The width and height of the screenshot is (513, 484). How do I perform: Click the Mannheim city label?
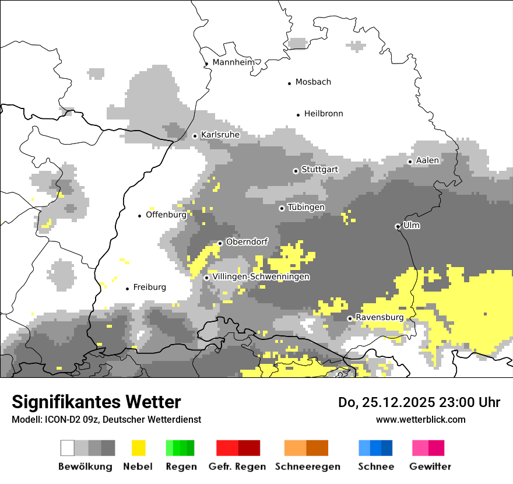pos(234,62)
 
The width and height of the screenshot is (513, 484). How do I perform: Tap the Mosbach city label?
pos(313,82)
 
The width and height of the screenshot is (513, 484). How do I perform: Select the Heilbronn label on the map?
pos(324,114)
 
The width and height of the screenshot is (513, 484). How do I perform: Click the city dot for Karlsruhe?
pos(195,136)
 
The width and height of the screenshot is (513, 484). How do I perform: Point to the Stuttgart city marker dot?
pos(296,171)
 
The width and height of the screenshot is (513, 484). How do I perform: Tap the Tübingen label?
pos(306,208)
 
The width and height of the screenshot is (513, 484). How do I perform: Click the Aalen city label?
pos(427,160)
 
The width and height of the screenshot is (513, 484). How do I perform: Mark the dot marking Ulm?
pos(398,226)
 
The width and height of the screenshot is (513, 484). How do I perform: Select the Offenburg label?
pos(166,215)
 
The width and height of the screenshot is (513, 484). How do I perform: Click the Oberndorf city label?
pos(247,242)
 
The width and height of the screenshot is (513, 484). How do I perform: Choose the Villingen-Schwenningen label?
pos(261,276)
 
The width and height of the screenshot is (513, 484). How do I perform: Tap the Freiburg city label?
pos(149,287)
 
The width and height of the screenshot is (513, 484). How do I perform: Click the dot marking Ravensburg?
pos(350,318)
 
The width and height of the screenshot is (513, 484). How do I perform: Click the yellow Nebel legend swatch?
pos(138,448)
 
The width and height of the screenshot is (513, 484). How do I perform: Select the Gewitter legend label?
pos(430,467)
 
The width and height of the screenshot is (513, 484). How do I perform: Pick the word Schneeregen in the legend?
pos(307,467)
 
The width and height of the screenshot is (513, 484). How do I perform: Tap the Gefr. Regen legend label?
pos(237,467)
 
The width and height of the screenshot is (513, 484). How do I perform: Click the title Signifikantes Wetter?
pos(96,402)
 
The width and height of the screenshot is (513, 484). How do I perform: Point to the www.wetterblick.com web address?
pos(420,419)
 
